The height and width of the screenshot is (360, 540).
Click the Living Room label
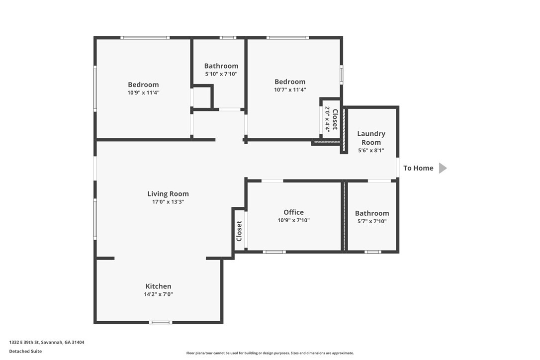(168, 193)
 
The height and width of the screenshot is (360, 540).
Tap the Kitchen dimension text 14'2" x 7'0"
(159, 294)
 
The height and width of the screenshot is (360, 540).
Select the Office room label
(294, 212)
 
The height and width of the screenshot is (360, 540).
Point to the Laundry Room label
(371, 138)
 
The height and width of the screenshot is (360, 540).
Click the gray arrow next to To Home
(443, 168)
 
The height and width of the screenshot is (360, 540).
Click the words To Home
(419, 168)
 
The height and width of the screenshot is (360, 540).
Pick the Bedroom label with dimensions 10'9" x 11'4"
(143, 85)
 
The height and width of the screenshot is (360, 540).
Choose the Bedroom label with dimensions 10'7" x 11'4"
(290, 82)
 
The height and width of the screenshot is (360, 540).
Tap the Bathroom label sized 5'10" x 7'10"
(221, 66)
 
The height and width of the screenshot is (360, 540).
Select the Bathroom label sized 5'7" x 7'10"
(372, 213)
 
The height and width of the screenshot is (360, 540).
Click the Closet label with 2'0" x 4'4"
(335, 119)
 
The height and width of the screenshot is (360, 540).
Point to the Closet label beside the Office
(239, 231)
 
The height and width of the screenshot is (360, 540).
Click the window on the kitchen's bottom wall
(161, 322)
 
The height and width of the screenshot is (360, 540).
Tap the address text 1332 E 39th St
(24, 343)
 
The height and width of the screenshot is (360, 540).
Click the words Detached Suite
(25, 352)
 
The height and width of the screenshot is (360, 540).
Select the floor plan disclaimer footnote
(270, 353)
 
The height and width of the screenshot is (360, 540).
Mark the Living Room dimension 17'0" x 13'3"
(168, 202)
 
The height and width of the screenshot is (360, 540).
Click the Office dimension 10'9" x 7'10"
(294, 220)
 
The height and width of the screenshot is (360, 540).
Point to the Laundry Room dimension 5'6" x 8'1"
(371, 150)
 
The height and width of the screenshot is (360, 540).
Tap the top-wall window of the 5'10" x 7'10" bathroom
(228, 38)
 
